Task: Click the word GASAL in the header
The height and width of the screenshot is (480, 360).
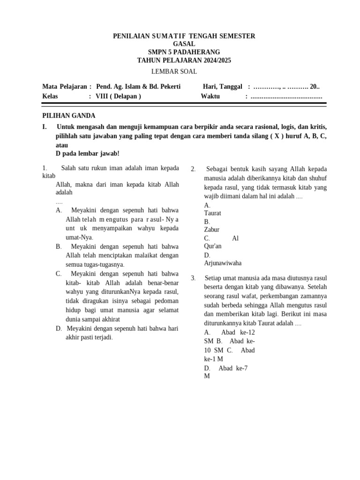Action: point(184,44)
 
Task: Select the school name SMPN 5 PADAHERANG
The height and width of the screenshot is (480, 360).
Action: point(184,52)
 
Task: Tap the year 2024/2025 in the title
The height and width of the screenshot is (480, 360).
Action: point(214,60)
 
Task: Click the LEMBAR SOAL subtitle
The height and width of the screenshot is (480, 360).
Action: point(174,72)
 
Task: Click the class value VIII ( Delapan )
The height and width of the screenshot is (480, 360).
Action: point(118,96)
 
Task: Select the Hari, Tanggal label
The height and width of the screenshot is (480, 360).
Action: point(222,87)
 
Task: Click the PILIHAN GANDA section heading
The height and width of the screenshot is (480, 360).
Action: point(69,116)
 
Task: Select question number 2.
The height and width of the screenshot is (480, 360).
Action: point(193,169)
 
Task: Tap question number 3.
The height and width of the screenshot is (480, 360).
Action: point(193,278)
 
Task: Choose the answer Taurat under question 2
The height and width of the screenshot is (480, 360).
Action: point(213,213)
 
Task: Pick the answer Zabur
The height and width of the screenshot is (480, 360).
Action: point(212,230)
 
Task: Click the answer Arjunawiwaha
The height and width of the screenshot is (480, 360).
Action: point(223,263)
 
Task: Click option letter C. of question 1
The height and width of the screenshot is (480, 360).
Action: point(59,273)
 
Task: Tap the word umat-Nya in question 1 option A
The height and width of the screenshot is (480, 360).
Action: point(79,237)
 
